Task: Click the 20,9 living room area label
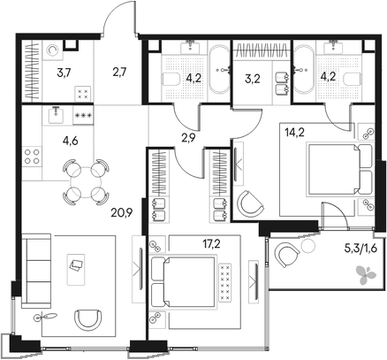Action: pyautogui.click(x=122, y=212)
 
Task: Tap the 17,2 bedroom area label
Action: pyautogui.click(x=212, y=244)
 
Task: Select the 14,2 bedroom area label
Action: pyautogui.click(x=295, y=133)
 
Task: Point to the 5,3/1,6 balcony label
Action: pyautogui.click(x=365, y=249)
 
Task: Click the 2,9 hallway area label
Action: pyautogui.click(x=189, y=137)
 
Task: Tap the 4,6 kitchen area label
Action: pyautogui.click(x=70, y=142)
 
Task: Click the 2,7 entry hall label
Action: pyautogui.click(x=119, y=72)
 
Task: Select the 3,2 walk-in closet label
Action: pyautogui.click(x=253, y=79)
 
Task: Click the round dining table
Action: pyautogui.click(x=86, y=182)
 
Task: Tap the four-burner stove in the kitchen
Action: pyautogui.click(x=33, y=157)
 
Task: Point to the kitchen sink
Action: pyautogui.click(x=57, y=115)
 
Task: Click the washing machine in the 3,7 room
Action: pyautogui.click(x=53, y=50)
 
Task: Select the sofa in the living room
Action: pyautogui.click(x=36, y=271)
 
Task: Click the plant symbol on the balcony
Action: pyautogui.click(x=366, y=274)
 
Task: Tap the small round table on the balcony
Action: pyautogui.click(x=308, y=245)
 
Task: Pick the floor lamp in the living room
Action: pyautogui.click(x=45, y=317)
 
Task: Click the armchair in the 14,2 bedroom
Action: pyautogui.click(x=250, y=204)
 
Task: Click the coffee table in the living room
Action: pyautogui.click(x=76, y=270)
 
